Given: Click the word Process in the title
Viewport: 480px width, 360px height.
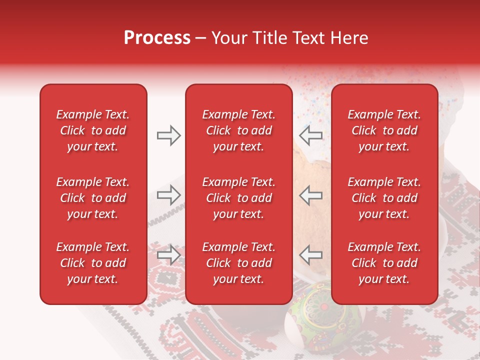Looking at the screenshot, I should [157, 38].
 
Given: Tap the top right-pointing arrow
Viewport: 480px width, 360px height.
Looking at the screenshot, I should [168, 135].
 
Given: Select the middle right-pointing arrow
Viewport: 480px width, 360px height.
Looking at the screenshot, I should [168, 195].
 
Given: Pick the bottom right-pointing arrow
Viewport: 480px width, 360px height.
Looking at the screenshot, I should [168, 254].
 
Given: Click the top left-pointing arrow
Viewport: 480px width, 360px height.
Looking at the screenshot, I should [311, 135].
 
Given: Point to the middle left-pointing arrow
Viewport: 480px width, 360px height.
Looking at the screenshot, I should [311, 195].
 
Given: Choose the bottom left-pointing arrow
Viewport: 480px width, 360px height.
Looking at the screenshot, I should [311, 254].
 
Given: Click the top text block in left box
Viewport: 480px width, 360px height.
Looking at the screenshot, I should [93, 130].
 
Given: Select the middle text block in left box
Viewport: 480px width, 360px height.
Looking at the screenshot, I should [93, 198].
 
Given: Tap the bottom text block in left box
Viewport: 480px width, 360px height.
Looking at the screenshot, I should [93, 263].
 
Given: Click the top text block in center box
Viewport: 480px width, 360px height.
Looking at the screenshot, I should [238, 130].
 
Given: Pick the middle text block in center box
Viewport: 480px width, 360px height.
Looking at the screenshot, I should [238, 198].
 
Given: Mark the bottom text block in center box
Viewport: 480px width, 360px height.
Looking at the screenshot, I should [238, 263].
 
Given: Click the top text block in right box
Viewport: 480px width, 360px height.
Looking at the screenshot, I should [384, 130].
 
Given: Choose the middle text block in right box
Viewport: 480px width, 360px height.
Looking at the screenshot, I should [384, 198].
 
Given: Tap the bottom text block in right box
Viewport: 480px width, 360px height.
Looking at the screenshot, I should [384, 263].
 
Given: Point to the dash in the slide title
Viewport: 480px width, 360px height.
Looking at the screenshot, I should [201, 38].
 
